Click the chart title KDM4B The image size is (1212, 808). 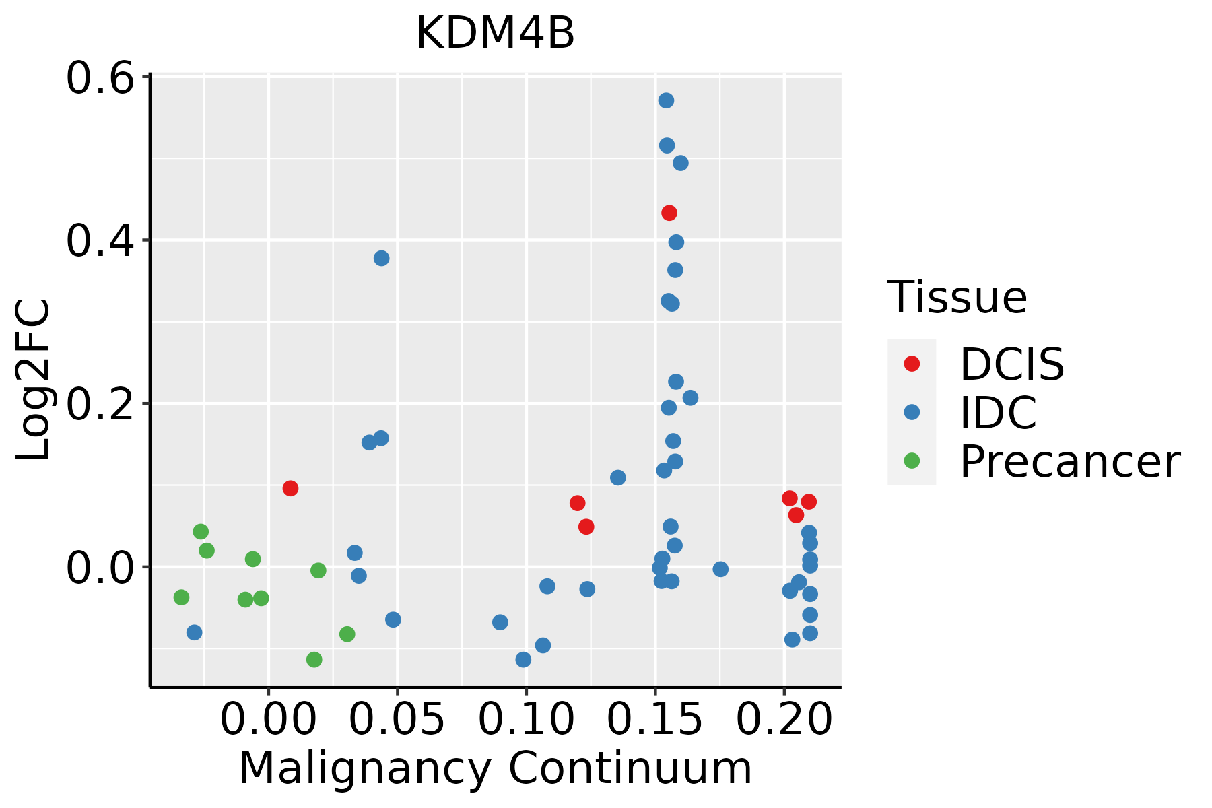[495, 34]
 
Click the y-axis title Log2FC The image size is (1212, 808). [34, 380]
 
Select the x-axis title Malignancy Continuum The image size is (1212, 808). [495, 768]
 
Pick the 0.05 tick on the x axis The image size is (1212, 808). [397, 720]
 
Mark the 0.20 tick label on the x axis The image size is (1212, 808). [784, 720]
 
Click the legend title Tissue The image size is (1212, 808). [957, 297]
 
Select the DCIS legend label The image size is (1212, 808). [1011, 364]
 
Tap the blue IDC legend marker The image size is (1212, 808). [912, 412]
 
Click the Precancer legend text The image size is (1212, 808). [1069, 461]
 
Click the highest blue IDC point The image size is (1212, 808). [666, 101]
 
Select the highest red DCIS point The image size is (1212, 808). [669, 213]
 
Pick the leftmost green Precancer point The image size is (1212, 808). [181, 597]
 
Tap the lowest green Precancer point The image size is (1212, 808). [314, 660]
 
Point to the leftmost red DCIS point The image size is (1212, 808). [290, 489]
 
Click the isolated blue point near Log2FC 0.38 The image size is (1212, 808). [381, 259]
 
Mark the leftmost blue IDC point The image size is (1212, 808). [194, 632]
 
